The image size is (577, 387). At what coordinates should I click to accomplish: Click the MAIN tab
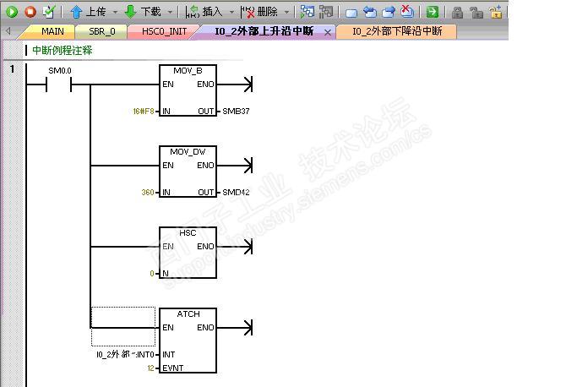(x=52, y=31)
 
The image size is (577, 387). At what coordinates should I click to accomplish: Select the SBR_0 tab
(x=102, y=31)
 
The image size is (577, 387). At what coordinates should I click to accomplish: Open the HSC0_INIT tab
(x=164, y=31)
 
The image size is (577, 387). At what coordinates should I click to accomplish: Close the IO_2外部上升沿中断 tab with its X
(x=328, y=32)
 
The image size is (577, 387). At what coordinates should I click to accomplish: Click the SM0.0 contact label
(x=60, y=70)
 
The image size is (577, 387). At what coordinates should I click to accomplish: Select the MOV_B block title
(x=187, y=70)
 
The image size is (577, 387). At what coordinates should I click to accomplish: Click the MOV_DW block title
(x=187, y=151)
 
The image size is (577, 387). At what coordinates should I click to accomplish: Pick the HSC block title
(x=187, y=232)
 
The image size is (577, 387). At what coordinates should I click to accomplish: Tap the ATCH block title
(x=188, y=313)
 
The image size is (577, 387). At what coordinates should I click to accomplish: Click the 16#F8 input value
(x=144, y=112)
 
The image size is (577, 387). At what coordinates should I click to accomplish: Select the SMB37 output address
(x=236, y=112)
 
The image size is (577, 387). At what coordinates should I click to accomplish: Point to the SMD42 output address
(x=236, y=193)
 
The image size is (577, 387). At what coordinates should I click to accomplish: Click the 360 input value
(x=148, y=193)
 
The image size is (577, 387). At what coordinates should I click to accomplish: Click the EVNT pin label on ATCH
(x=173, y=368)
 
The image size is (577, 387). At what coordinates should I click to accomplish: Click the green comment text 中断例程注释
(x=63, y=51)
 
